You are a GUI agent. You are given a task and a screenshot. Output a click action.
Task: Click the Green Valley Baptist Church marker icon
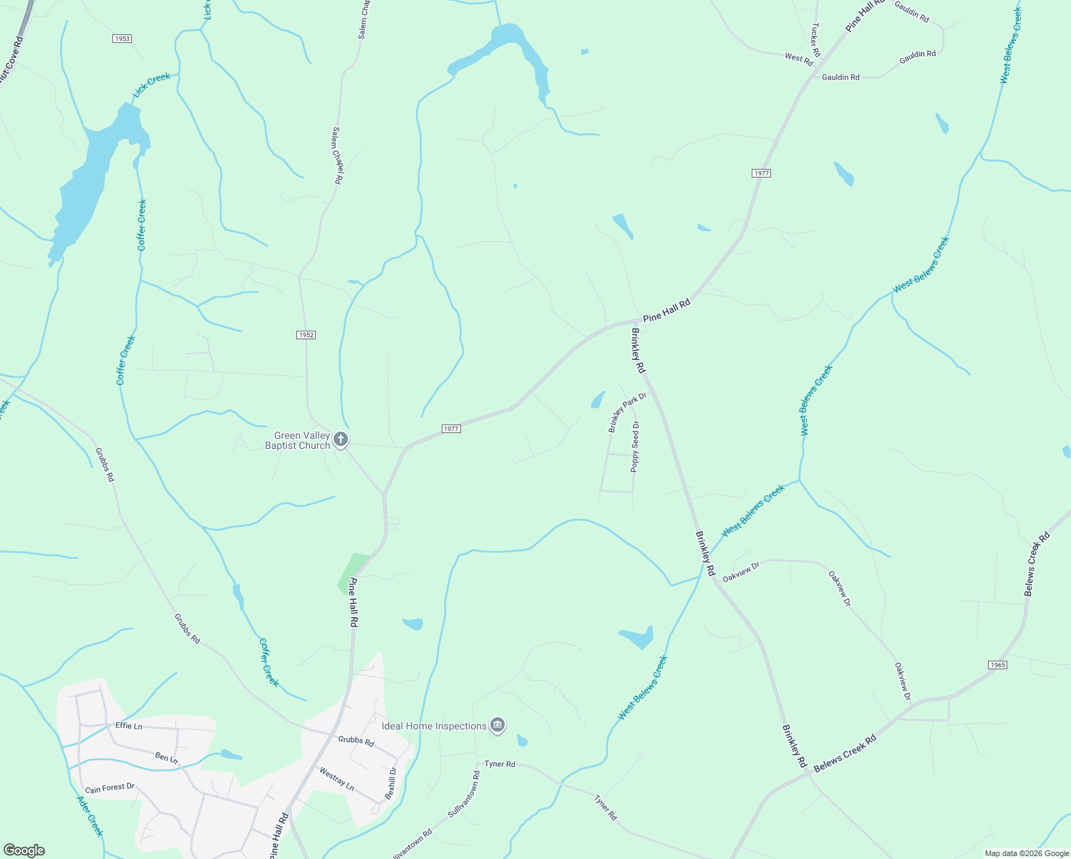[x=341, y=440]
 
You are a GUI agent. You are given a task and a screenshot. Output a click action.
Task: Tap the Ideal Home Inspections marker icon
[x=498, y=725]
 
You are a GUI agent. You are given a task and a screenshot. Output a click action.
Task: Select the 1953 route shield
[x=122, y=39]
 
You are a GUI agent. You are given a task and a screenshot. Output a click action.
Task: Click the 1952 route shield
[x=306, y=335]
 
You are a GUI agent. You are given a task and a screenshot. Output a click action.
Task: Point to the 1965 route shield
[x=997, y=665]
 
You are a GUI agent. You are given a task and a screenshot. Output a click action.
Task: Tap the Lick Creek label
[x=152, y=85]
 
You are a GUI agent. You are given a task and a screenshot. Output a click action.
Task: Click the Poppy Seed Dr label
[x=635, y=447]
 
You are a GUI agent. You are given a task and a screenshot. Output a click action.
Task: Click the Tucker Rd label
[x=815, y=40]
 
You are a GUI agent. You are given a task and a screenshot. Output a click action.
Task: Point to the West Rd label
[x=798, y=57]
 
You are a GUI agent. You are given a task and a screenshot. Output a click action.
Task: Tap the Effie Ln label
[x=129, y=726]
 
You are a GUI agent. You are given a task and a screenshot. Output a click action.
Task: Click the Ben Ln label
[x=165, y=757]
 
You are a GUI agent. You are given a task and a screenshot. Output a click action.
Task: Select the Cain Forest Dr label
[x=110, y=788]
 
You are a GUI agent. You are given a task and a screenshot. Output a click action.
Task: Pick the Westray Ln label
[x=336, y=779]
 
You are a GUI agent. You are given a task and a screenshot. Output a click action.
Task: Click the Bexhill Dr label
[x=391, y=783]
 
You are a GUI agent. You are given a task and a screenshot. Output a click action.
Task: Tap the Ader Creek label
[x=89, y=817]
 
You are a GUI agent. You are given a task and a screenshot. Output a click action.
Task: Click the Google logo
[x=24, y=850]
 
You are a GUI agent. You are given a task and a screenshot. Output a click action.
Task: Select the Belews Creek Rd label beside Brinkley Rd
[x=845, y=753]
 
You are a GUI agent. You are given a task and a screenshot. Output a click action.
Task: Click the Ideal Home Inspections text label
[x=434, y=726]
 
